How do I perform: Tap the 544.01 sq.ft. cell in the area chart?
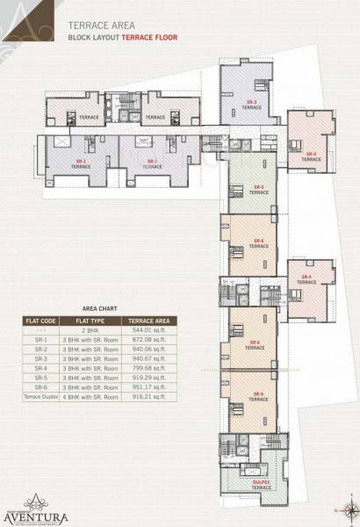click(x=155, y=329)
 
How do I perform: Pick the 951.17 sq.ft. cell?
click(x=155, y=387)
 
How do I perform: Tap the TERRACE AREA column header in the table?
click(x=155, y=320)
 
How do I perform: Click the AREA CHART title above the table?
click(x=97, y=309)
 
